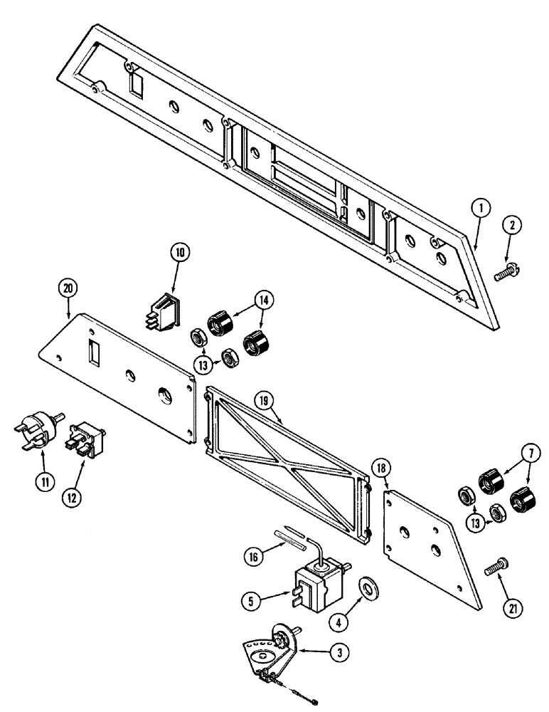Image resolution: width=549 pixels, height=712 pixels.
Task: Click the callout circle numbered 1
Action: (x=481, y=208)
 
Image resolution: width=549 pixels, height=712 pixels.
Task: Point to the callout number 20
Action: (x=68, y=289)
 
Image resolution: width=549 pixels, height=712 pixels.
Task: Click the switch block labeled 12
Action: (x=84, y=439)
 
